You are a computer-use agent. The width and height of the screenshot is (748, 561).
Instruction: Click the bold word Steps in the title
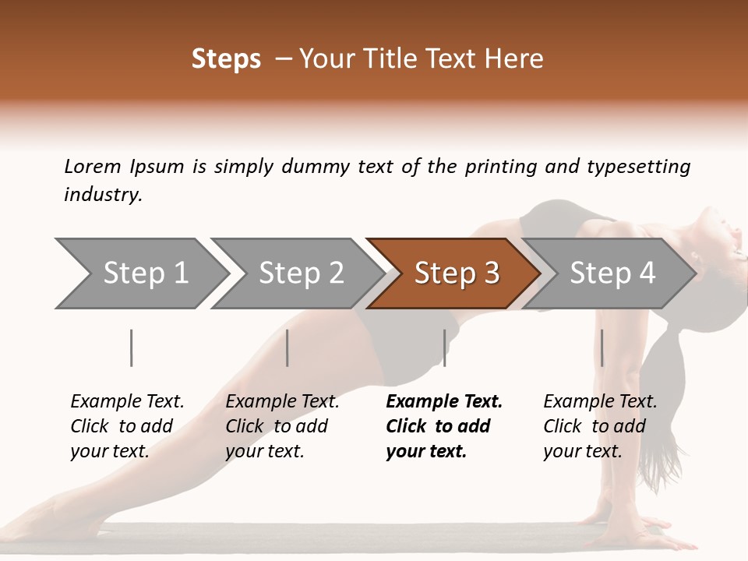pos(226,59)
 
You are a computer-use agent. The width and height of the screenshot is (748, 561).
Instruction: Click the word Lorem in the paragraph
pos(92,166)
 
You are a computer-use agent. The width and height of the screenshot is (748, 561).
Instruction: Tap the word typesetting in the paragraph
pos(638,167)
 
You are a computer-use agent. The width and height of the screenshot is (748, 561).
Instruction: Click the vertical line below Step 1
pos(132,348)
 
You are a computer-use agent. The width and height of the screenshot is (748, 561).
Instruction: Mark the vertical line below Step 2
pos(288,348)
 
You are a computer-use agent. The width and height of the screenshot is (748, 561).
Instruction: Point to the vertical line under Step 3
pos(445,348)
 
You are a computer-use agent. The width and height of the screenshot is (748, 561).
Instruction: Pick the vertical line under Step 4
pos(602,348)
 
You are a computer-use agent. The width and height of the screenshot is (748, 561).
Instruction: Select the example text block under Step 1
pos(125,426)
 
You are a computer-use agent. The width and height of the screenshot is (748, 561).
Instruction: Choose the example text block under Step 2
pos(280,426)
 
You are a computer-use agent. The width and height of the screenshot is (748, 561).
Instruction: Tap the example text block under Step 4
pos(598,426)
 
